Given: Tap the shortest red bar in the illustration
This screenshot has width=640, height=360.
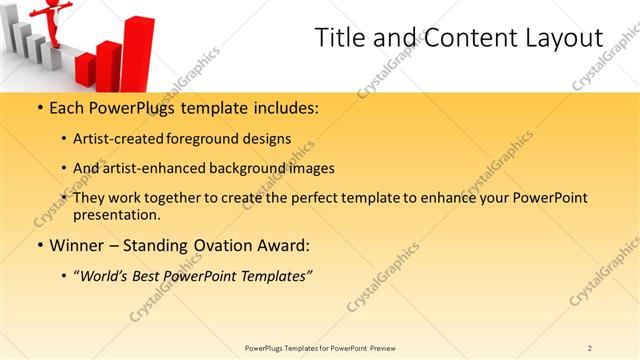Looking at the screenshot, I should click(x=85, y=68).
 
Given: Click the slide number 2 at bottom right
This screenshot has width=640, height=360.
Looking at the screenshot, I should click(x=590, y=347).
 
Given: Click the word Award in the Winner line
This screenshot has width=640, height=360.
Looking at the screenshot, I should click(x=282, y=245).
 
